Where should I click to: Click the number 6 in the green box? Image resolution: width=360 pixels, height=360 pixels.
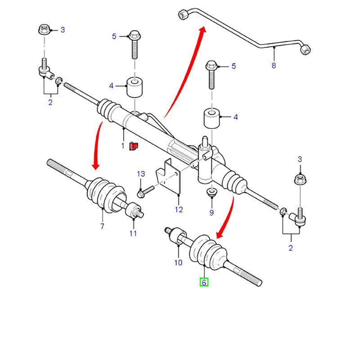[x=204, y=282]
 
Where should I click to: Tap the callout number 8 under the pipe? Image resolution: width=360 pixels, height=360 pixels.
[x=274, y=66]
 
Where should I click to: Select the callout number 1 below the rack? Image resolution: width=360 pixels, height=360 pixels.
[x=122, y=146]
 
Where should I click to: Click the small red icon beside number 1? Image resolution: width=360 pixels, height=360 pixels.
[x=133, y=146]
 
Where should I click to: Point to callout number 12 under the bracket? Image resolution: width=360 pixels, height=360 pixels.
[x=179, y=209]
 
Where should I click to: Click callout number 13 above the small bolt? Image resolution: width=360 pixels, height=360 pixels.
[x=141, y=174]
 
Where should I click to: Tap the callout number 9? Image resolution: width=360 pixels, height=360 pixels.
[x=211, y=212]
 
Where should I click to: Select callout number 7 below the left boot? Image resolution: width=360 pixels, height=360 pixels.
[x=102, y=226]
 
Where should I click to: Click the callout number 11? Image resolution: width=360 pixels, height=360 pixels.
[x=133, y=233]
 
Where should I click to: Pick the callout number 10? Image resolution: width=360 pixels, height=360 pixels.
[x=178, y=263]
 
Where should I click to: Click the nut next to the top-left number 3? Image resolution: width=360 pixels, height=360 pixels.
[x=44, y=31]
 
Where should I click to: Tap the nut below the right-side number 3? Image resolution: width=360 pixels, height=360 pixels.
[x=300, y=180]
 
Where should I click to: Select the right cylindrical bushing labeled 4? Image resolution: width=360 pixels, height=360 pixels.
[x=212, y=117]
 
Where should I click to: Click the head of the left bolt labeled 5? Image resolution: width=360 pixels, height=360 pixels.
[x=134, y=35]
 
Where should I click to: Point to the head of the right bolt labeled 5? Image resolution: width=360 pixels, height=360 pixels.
[x=211, y=66]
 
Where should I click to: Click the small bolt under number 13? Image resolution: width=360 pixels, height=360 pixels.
[x=142, y=193]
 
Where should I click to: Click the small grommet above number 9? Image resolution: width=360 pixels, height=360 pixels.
[x=211, y=193]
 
